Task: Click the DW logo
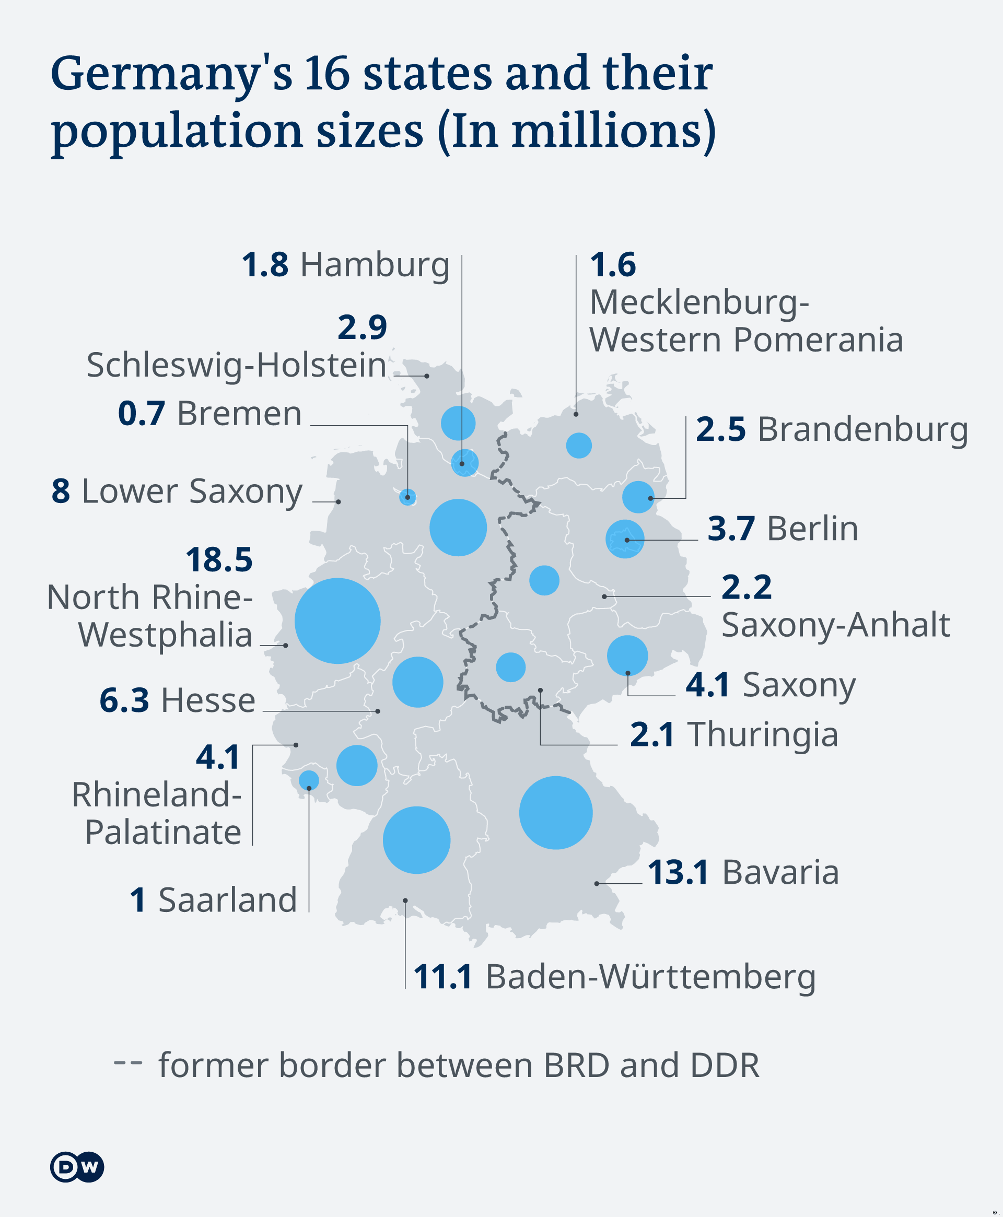pyautogui.click(x=77, y=1167)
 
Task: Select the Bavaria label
pyautogui.click(x=780, y=872)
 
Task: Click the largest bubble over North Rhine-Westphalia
pyautogui.click(x=337, y=621)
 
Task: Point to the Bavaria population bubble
pyautogui.click(x=555, y=813)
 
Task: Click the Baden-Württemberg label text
pyautogui.click(x=650, y=977)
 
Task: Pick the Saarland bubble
pyautogui.click(x=309, y=780)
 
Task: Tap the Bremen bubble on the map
pyautogui.click(x=407, y=497)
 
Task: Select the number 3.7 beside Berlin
pyautogui.click(x=730, y=529)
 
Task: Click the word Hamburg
pyautogui.click(x=375, y=265)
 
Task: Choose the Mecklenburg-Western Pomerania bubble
pyautogui.click(x=578, y=446)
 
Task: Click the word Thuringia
pyautogui.click(x=762, y=735)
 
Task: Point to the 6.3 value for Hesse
pyautogui.click(x=124, y=700)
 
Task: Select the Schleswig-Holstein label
pyautogui.click(x=236, y=365)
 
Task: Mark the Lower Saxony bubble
pyautogui.click(x=458, y=528)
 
